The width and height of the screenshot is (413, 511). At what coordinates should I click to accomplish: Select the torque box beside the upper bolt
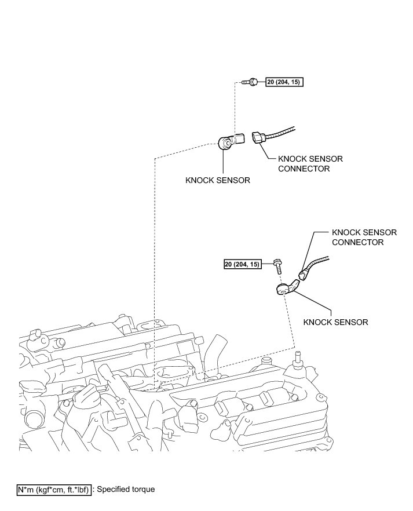click(x=284, y=82)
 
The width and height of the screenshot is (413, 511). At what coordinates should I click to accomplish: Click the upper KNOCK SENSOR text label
click(x=217, y=180)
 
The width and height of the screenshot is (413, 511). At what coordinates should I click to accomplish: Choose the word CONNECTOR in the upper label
click(x=304, y=169)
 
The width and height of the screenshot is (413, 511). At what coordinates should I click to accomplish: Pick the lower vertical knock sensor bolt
click(x=278, y=266)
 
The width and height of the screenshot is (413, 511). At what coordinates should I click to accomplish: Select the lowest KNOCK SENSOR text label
click(x=335, y=322)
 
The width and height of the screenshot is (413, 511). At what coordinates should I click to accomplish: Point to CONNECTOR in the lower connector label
click(x=357, y=242)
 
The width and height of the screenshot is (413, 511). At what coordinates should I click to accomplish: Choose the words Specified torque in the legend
click(x=126, y=490)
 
